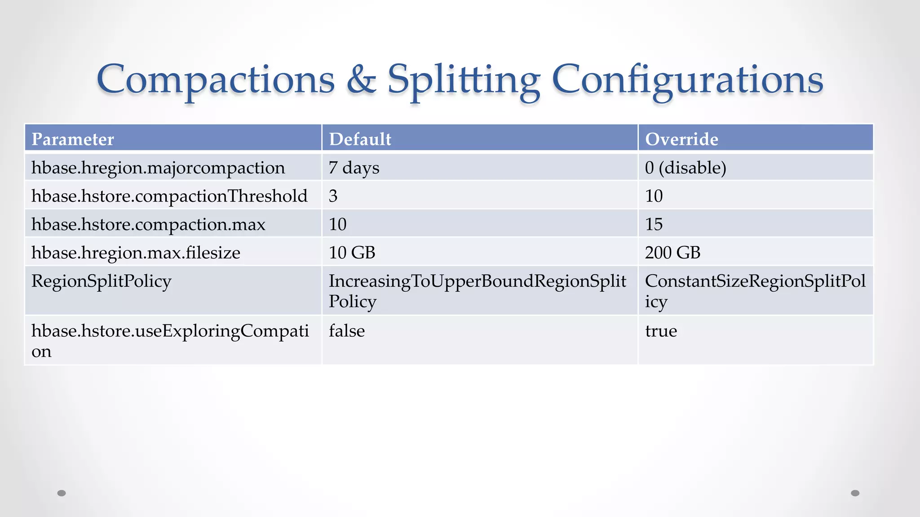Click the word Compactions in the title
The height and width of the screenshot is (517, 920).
pos(216,79)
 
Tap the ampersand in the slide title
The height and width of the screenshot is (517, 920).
pos(361,79)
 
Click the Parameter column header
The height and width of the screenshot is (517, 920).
pos(73,139)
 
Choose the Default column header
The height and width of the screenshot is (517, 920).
pos(360,139)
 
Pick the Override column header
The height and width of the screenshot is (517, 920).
pos(681,139)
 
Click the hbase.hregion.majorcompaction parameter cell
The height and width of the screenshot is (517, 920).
pos(158,168)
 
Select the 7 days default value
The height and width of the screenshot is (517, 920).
pos(354,168)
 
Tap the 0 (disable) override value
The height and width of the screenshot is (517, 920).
pos(686,168)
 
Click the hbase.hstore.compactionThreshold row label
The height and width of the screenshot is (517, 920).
pos(169,196)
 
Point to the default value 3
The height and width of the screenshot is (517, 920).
pos(333,196)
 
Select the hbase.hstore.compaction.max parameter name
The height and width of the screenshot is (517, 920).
pos(148,224)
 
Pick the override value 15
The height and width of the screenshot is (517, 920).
pos(654,224)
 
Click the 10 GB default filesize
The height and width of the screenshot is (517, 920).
pos(352,253)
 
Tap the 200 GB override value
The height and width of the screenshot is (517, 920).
pos(672,253)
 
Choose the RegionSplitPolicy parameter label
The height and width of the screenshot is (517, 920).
pos(102,281)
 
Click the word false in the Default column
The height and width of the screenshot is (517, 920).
pos(347,331)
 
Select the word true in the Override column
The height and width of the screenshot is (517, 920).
pos(661,331)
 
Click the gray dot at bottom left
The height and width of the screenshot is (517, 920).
pos(62,493)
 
